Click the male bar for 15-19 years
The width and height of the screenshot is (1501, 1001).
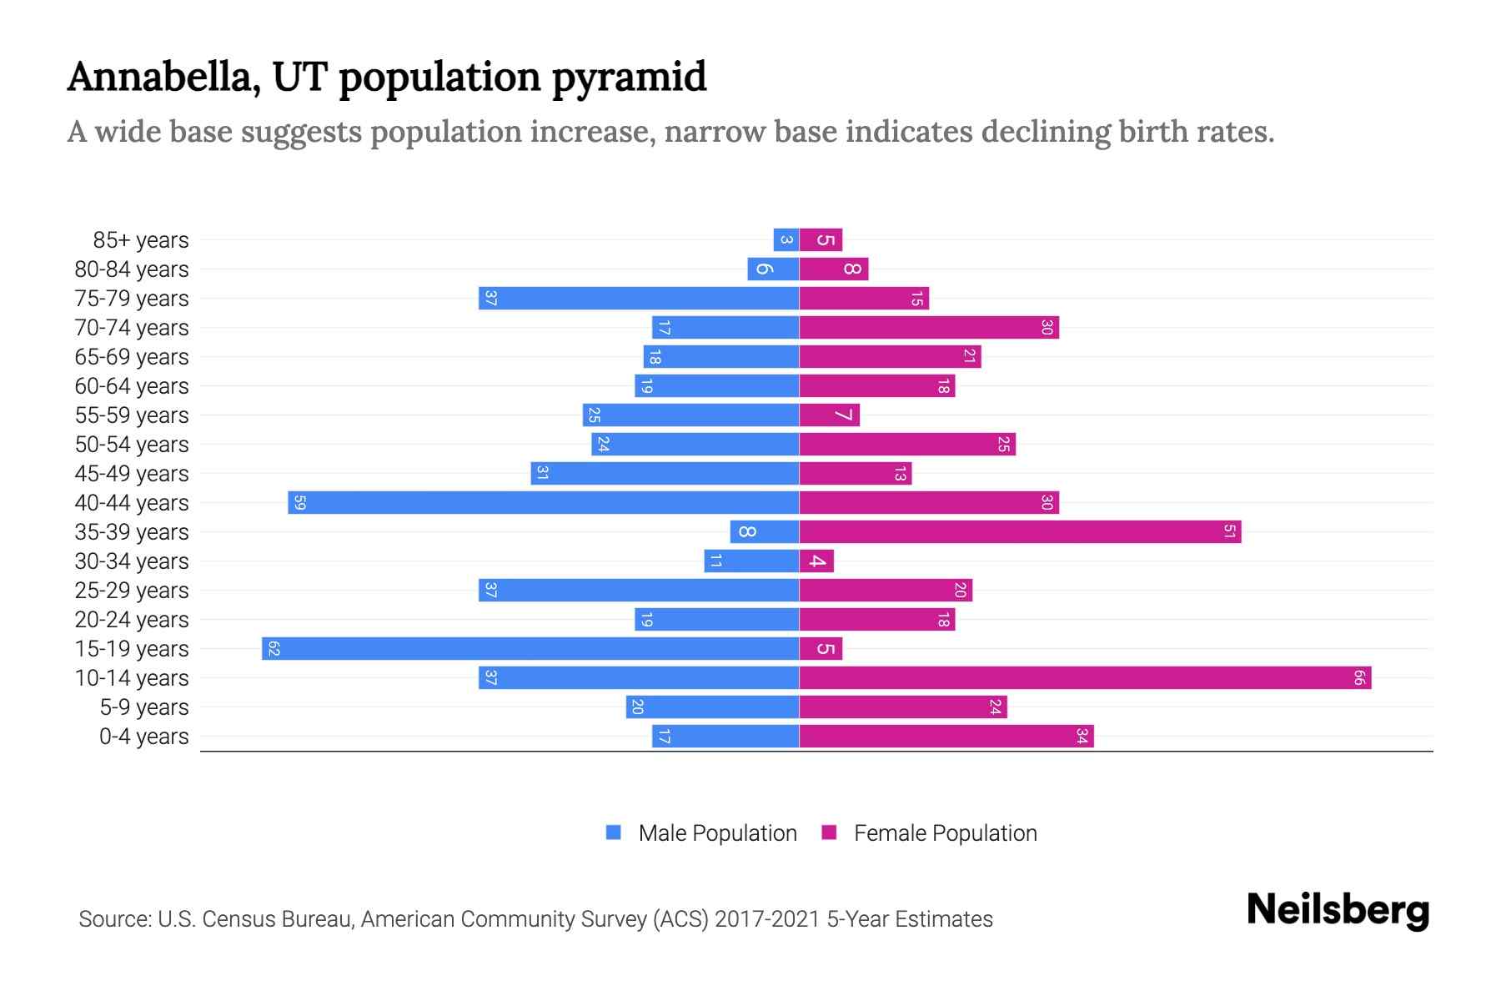(x=530, y=648)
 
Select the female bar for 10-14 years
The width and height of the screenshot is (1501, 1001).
(x=1085, y=677)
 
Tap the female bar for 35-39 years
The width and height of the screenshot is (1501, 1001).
(x=1020, y=531)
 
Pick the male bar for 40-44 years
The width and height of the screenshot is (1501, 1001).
(x=544, y=502)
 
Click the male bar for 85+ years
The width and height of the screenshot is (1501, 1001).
(x=786, y=240)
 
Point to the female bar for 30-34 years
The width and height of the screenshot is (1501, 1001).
(x=816, y=561)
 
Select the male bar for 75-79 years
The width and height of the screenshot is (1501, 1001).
(x=639, y=298)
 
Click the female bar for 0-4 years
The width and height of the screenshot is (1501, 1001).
(x=946, y=736)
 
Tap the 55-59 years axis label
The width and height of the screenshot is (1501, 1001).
(x=132, y=415)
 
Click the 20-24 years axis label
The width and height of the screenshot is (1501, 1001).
(x=132, y=620)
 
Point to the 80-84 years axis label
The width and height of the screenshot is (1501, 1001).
(x=132, y=269)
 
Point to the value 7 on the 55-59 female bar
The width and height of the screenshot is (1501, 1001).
(x=844, y=415)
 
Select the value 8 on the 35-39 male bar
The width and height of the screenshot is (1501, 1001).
(x=747, y=531)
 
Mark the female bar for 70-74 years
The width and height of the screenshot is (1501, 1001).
(x=929, y=327)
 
